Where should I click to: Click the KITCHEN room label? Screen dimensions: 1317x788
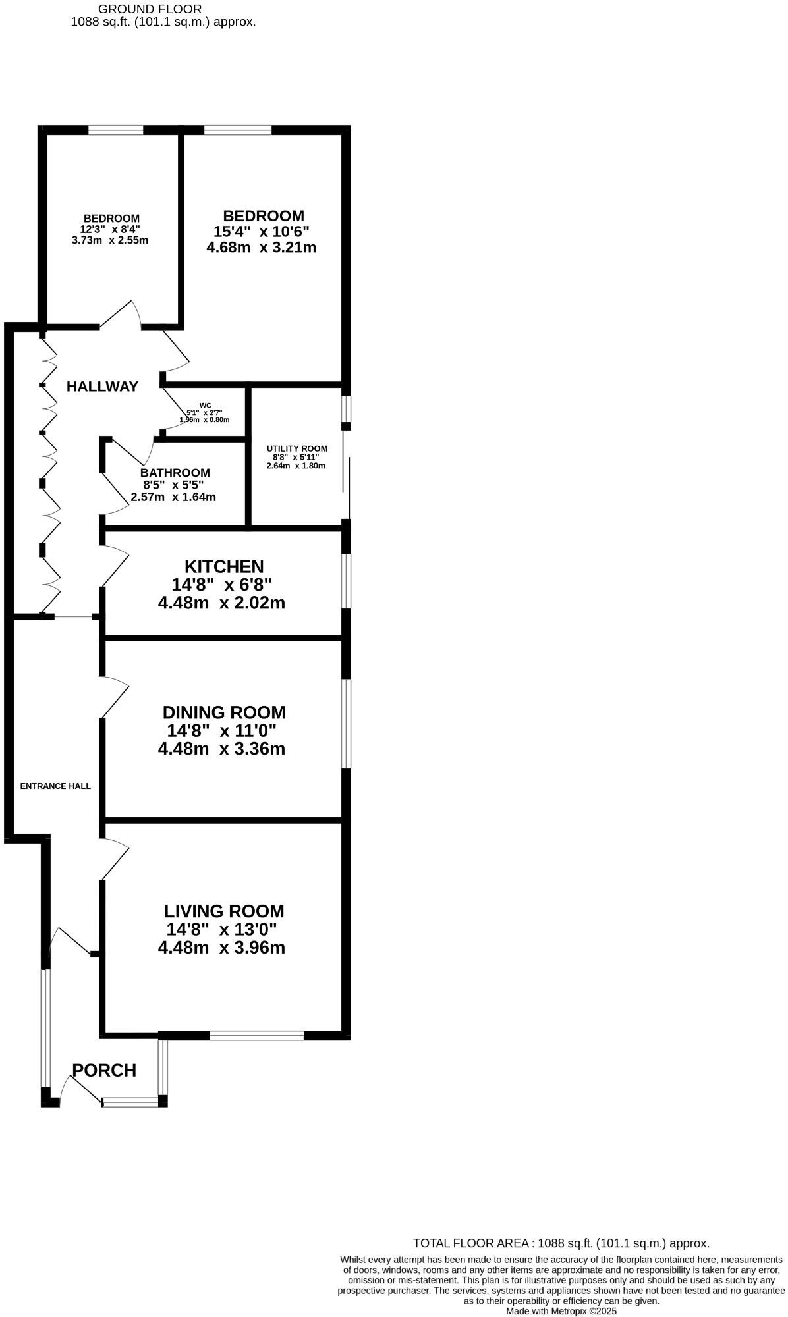[x=224, y=566]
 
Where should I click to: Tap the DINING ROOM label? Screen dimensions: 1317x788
[x=224, y=712]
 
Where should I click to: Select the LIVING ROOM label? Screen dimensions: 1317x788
[x=224, y=911]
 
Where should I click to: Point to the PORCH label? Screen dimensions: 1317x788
[x=104, y=1071]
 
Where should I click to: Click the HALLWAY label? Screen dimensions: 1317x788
[x=103, y=387]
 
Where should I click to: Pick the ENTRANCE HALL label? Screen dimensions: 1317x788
[x=55, y=786]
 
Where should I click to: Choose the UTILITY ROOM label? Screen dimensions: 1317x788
[x=296, y=449]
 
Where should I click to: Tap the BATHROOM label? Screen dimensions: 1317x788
[x=175, y=473]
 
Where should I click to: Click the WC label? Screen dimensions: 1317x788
[x=206, y=406]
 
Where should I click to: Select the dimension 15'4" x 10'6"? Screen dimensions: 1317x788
[x=262, y=232]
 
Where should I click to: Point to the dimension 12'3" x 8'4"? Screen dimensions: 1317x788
[x=110, y=229]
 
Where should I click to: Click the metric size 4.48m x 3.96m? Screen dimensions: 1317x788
[x=221, y=948]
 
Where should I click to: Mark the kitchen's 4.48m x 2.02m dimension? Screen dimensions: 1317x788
[x=221, y=603]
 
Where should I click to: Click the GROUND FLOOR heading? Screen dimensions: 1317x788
[x=150, y=9]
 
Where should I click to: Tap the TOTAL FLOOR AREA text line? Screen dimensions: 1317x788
[x=561, y=1243]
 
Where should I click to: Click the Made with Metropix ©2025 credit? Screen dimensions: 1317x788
[x=561, y=1311]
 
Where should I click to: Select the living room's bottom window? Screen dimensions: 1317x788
[x=257, y=1035]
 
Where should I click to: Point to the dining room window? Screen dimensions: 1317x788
[x=347, y=724]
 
